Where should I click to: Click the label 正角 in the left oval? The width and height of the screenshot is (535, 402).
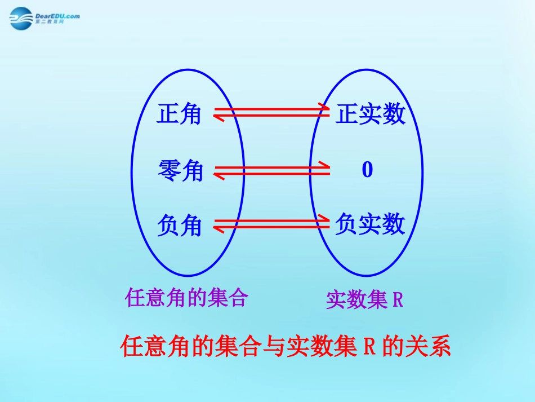coord(179,115)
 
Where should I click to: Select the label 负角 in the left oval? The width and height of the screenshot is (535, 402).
coord(179,226)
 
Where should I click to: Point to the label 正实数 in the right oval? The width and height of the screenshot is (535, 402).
coord(370,115)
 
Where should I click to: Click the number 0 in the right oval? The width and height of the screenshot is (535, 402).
coord(367,170)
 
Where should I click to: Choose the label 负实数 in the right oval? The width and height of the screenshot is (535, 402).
coord(370,224)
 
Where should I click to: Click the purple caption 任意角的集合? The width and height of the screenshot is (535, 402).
coord(187,297)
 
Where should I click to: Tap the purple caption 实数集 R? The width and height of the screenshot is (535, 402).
coord(364,300)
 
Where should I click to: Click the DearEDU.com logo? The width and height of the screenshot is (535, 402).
coord(45,19)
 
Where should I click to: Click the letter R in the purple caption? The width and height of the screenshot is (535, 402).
coord(398,300)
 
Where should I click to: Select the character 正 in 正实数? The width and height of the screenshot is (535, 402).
coord(347,115)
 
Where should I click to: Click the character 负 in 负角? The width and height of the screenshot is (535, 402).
coord(168,226)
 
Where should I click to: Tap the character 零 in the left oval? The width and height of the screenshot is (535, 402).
coord(169,171)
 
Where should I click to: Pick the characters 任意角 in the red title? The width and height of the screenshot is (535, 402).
coord(153,347)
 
